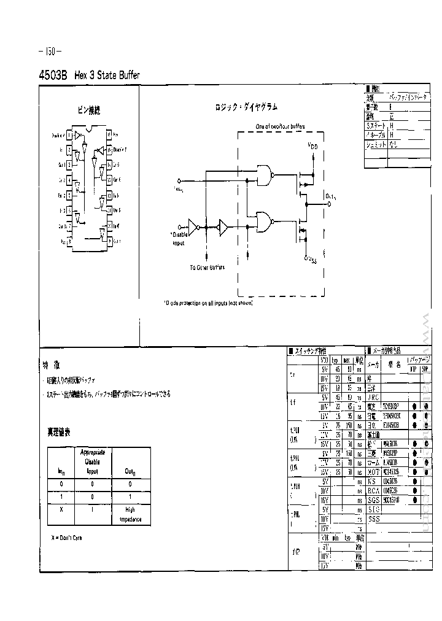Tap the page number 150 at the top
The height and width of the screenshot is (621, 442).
coord(49,51)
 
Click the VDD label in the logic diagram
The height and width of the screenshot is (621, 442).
coord(312,147)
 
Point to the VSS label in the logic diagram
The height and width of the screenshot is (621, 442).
coord(312,260)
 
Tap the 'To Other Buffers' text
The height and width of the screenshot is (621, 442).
coord(206,268)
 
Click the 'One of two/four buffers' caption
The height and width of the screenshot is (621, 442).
coord(280,126)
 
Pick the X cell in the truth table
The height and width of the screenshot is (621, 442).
coord(61,509)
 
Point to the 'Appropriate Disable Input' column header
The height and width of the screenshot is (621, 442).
coord(93,461)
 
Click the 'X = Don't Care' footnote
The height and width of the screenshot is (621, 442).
coord(67,538)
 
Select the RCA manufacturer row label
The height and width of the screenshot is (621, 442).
coord(374,490)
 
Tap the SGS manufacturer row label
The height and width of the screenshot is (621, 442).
coord(374,499)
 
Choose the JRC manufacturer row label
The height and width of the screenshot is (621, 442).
coord(373,396)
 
